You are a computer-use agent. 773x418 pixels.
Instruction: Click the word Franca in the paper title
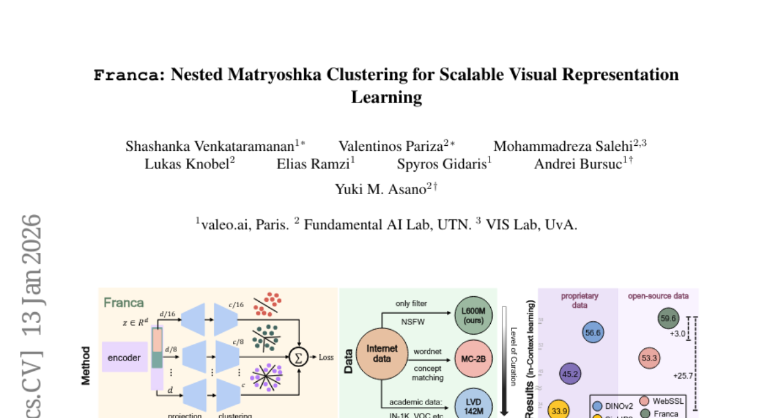(126, 75)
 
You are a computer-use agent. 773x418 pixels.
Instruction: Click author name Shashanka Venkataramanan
(210, 146)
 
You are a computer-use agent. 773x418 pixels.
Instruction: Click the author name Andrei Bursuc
(578, 164)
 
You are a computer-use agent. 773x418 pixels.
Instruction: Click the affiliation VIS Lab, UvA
(532, 224)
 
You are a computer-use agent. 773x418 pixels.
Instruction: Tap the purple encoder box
(124, 357)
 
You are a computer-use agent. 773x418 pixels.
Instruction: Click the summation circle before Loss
(298, 357)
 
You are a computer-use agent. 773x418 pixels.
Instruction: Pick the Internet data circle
(382, 353)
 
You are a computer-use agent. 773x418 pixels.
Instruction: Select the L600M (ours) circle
(473, 315)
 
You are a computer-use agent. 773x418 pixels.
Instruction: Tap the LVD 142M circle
(473, 404)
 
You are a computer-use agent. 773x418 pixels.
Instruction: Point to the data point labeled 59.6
(668, 318)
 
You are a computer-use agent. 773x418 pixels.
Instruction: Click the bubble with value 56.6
(593, 333)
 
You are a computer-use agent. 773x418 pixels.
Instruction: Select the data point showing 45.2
(571, 373)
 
